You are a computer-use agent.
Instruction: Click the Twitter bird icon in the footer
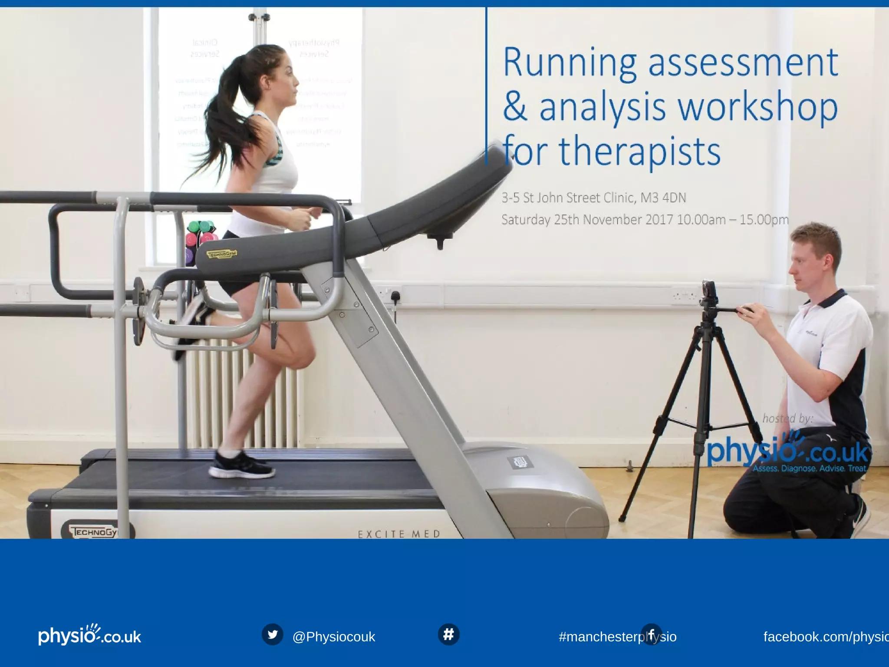(273, 634)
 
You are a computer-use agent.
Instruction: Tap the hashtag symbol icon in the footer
(448, 634)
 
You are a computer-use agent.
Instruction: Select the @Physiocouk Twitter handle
(333, 637)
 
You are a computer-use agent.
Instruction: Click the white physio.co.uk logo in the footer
(89, 635)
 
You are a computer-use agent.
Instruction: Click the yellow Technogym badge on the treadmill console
(222, 254)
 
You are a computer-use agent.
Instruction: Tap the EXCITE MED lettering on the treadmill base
(398, 534)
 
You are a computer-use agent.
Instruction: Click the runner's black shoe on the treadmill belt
(241, 466)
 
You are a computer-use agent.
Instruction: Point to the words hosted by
(787, 418)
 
